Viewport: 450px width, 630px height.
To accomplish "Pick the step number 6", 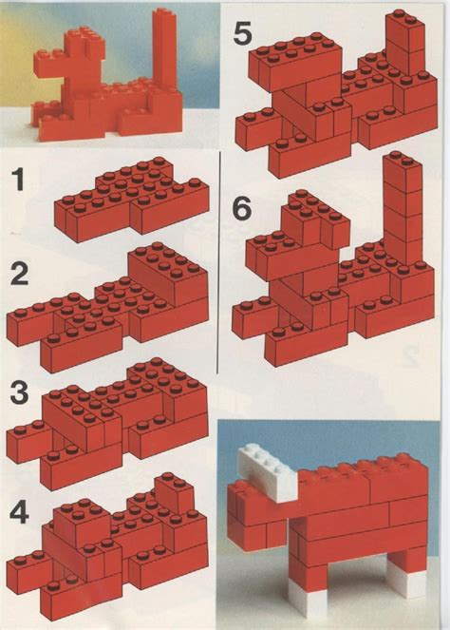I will point(242,206).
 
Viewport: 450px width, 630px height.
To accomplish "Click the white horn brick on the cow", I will point(267,471).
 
